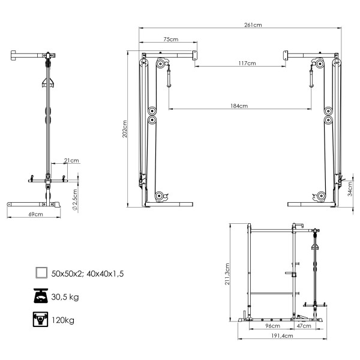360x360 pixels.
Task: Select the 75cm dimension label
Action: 170,40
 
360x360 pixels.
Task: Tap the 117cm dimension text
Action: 247,63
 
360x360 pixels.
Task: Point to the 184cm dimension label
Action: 239,106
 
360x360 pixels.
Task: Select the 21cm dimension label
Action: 74,161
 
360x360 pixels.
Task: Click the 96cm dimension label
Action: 273,326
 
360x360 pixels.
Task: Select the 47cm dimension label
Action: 304,326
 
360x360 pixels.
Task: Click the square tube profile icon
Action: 41,273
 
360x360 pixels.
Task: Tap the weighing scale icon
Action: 41,296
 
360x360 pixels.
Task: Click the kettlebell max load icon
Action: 41,320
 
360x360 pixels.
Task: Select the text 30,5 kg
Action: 65,297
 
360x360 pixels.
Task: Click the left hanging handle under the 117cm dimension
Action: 170,77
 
